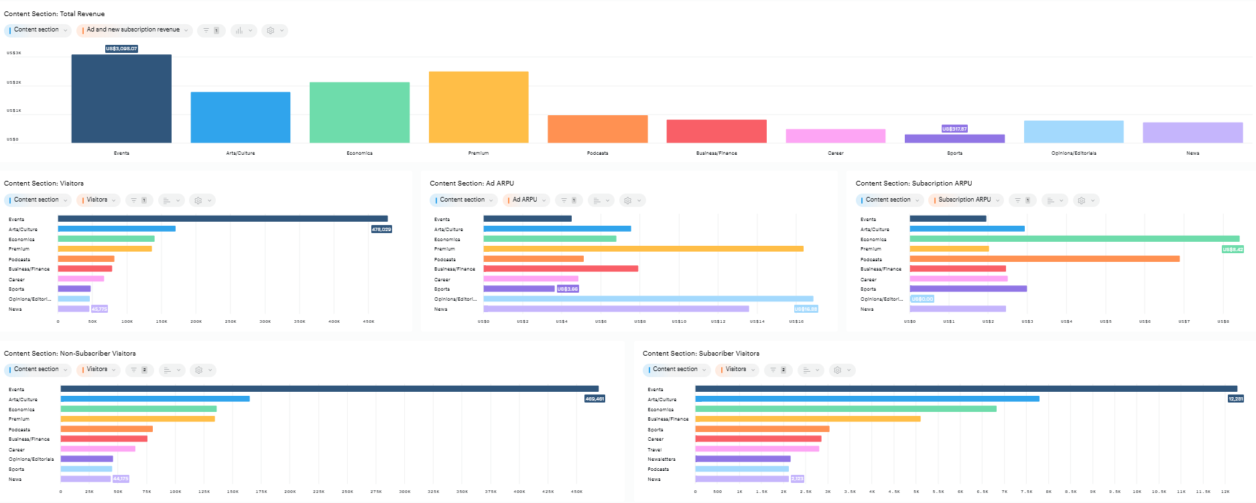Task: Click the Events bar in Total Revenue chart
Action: click(x=121, y=98)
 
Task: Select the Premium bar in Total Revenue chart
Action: click(x=479, y=107)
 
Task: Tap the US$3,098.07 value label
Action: click(x=121, y=49)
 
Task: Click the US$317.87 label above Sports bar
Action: click(x=954, y=129)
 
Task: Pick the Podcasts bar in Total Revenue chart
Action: click(x=597, y=129)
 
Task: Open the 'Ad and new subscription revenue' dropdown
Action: click(x=135, y=30)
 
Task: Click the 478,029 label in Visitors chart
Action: click(x=381, y=229)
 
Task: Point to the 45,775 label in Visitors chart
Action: click(x=99, y=309)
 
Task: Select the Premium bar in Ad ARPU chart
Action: click(x=643, y=248)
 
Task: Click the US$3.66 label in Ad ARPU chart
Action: click(x=568, y=289)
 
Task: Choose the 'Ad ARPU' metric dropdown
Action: click(x=526, y=200)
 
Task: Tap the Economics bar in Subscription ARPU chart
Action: click(x=1074, y=238)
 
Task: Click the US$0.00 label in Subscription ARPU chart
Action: click(x=922, y=299)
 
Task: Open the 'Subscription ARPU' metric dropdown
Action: click(x=966, y=200)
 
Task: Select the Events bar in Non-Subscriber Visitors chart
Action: click(x=329, y=388)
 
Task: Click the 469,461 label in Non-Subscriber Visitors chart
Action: click(x=594, y=399)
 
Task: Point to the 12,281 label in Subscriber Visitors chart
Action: click(x=1235, y=399)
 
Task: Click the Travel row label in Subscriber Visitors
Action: click(x=655, y=449)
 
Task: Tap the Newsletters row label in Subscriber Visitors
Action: click(x=662, y=459)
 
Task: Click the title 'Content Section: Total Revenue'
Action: click(x=54, y=13)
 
